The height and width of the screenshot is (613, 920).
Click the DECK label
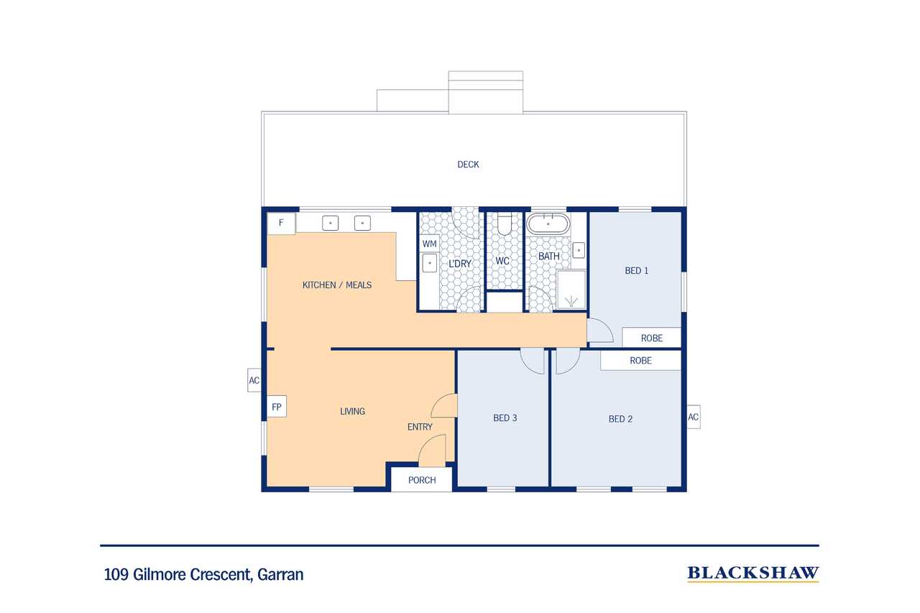468,165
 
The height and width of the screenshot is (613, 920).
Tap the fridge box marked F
281,223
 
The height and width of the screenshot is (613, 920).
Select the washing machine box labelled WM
430,244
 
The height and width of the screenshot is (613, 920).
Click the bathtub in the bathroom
548,223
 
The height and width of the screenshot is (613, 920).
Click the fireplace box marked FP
277,407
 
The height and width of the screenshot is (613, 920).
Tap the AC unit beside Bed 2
694,417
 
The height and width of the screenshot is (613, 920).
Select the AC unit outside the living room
254,380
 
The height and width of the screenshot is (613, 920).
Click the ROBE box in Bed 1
651,338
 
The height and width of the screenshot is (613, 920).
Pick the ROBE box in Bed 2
640,360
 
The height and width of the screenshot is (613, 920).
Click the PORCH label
422,480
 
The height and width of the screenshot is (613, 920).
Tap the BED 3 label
505,418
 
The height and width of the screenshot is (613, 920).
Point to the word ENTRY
420,427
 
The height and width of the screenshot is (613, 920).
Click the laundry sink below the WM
430,263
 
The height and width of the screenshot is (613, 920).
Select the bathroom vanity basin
579,250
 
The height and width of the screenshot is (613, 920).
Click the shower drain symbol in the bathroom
571,302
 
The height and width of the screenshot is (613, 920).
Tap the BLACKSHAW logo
753,573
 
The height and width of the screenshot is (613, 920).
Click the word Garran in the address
280,574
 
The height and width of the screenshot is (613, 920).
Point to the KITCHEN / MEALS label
337,285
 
